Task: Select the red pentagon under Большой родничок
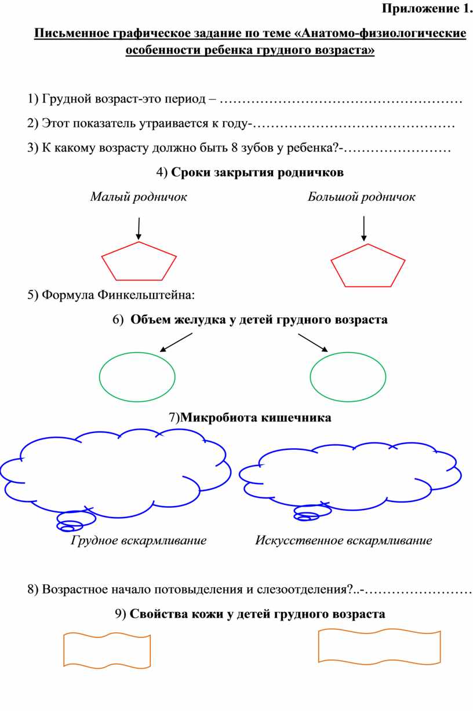(x=368, y=265)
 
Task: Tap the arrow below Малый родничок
(x=139, y=228)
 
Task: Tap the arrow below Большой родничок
(x=364, y=228)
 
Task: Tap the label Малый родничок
(x=139, y=197)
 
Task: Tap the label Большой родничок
(x=361, y=197)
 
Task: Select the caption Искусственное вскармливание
(x=344, y=541)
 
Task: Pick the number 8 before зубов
(x=234, y=148)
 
